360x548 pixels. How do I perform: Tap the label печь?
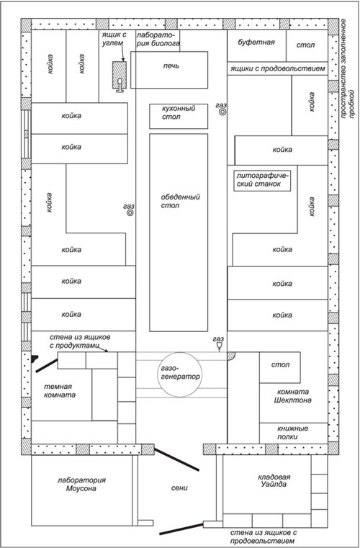tap(171, 66)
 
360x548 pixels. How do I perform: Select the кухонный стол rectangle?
tap(179, 116)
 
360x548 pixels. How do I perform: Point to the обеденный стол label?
tap(180, 202)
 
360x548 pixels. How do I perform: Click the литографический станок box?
tap(262, 180)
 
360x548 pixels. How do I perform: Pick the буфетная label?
tap(256, 42)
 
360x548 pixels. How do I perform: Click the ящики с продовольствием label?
tap(277, 69)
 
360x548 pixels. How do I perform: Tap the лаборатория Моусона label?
tap(81, 485)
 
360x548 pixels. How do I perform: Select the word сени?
tap(179, 488)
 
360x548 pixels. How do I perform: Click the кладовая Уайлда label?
tap(274, 480)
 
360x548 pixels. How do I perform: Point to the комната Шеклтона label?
tap(292, 396)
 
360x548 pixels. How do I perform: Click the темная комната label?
tap(60, 391)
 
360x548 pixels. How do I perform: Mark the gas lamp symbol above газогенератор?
tap(219, 346)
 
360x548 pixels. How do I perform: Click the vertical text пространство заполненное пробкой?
tap(348, 68)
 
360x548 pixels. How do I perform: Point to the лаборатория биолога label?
tap(158, 39)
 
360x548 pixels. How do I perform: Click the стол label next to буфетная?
tap(305, 45)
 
